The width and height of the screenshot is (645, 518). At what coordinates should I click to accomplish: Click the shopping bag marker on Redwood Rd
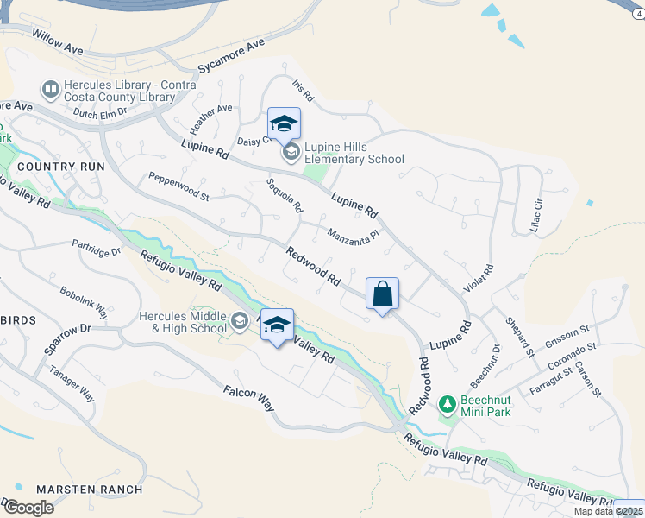pos(382,294)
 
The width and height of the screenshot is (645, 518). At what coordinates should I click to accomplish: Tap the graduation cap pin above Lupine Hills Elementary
pos(284,124)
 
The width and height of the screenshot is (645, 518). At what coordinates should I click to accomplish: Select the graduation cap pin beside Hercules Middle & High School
pos(277,325)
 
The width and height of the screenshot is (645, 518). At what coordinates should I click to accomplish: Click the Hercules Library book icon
pos(50,88)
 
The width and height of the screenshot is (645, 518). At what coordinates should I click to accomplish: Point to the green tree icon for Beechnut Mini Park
pos(447,403)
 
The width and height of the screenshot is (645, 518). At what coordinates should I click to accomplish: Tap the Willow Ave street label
pos(57,41)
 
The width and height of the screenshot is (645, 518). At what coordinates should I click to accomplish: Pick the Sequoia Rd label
pos(285,195)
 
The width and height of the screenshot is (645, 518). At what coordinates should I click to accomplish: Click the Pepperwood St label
pos(178,186)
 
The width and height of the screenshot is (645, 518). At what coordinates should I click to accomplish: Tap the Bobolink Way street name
pos(84,299)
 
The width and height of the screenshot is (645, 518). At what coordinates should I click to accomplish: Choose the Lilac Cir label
pos(539,212)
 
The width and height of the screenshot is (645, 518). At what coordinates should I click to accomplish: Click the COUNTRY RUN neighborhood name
pos(60,166)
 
